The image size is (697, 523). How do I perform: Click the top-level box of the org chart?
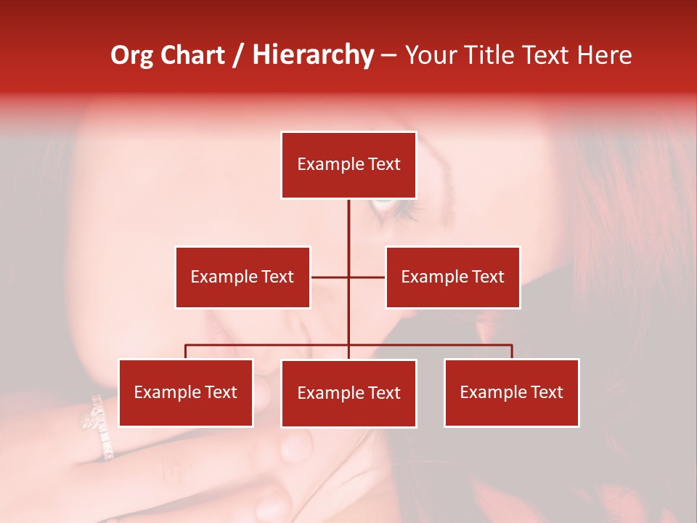pos(348,165)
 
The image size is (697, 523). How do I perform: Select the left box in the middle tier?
pos(242,277)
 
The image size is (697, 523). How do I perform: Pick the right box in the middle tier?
pos(452,277)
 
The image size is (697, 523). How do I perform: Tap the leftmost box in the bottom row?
pos(186,392)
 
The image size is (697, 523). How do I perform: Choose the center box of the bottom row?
pos(348,393)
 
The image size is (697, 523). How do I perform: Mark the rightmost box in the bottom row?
pos(511,392)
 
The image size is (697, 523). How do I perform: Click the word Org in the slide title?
pos(131,55)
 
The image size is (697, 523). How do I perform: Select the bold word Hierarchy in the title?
pos(312,55)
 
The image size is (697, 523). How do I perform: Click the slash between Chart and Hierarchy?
pos(239,56)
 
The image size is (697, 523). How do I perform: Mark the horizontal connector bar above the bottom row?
pos(269,345)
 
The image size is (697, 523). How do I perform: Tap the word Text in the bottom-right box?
pos(547,392)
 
